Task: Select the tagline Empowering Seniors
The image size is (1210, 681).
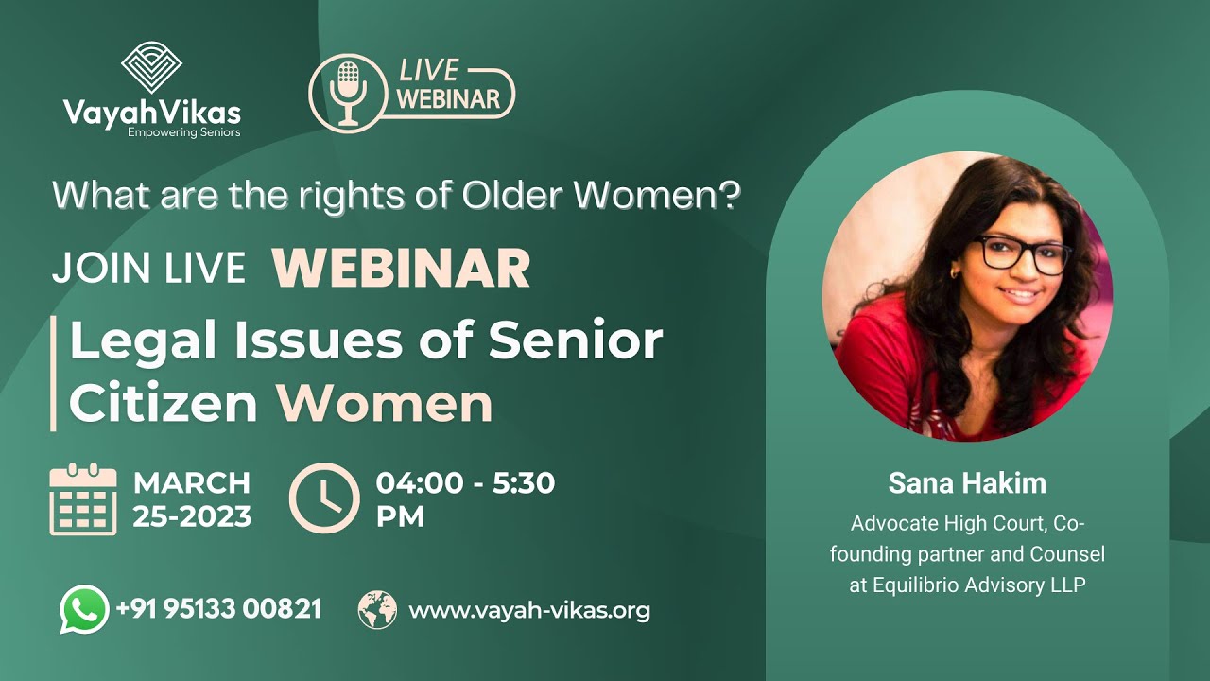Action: point(184,132)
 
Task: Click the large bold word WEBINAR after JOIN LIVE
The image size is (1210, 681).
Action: point(401,269)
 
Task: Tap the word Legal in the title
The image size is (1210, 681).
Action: point(142,340)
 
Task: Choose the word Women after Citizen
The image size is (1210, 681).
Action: point(385,404)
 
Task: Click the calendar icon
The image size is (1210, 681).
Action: point(83,499)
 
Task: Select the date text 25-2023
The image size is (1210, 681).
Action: point(192,516)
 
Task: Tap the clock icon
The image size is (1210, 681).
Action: point(324,498)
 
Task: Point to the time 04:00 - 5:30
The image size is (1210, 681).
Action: point(465,483)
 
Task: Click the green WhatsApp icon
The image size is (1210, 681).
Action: point(83,609)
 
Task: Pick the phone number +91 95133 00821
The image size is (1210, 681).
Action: point(218,609)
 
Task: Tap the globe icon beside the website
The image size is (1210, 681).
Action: point(377,610)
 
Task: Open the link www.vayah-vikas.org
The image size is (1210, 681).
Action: point(529,610)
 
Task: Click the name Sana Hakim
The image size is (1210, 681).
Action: point(967,483)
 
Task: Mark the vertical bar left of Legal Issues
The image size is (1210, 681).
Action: point(53,374)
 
